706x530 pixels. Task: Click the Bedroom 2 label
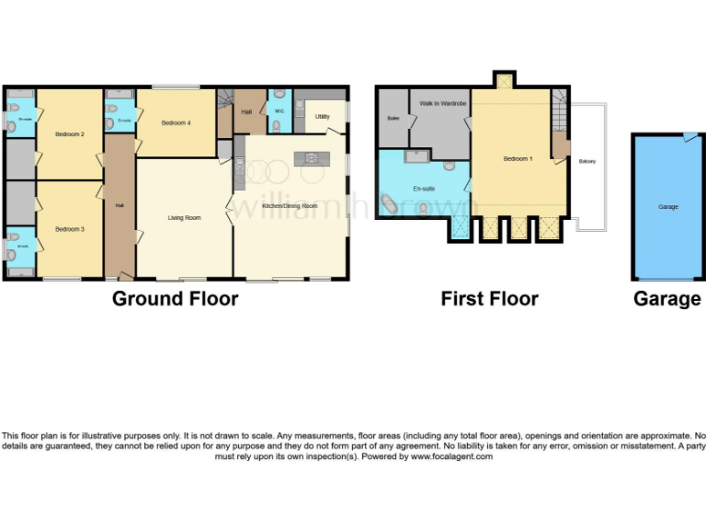click(70, 135)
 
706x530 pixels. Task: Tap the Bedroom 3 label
click(70, 228)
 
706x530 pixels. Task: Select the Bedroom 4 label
click(176, 123)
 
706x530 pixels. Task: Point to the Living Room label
click(184, 218)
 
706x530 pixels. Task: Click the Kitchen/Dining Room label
click(290, 206)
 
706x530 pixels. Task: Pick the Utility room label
click(323, 117)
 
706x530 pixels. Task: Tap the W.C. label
click(279, 112)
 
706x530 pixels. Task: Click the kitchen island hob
click(311, 159)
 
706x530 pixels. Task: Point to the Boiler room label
click(393, 118)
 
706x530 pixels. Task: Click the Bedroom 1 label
click(518, 159)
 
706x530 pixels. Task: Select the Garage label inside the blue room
click(668, 207)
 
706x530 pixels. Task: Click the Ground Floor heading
click(175, 299)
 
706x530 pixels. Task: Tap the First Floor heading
click(489, 299)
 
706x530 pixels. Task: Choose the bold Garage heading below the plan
click(667, 299)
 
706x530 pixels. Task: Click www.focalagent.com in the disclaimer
click(451, 456)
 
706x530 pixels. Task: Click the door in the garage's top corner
click(689, 137)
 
